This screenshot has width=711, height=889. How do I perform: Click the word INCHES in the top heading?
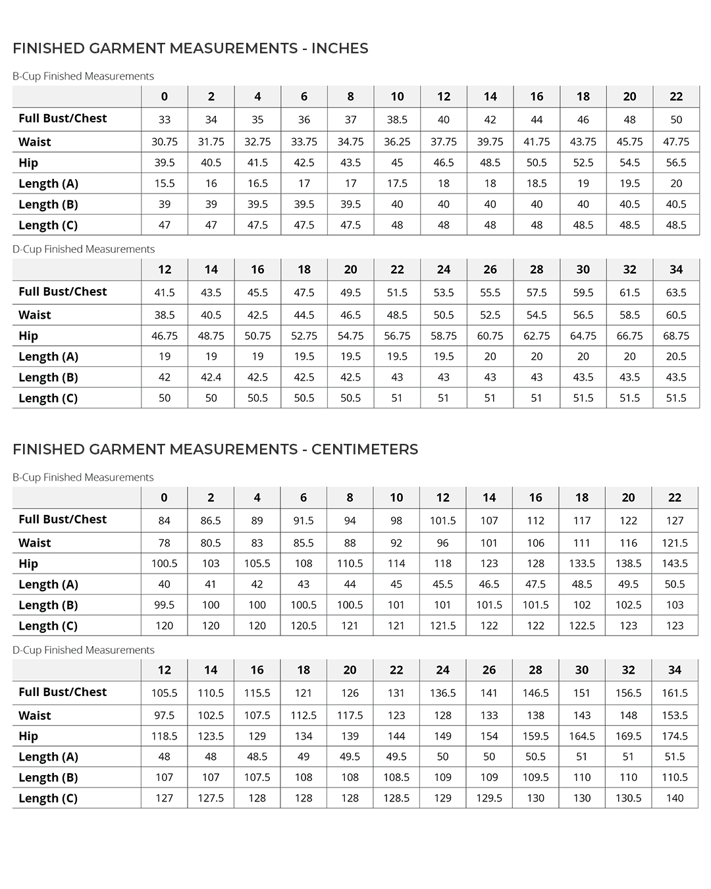(339, 48)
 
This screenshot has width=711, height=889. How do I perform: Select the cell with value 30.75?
(165, 142)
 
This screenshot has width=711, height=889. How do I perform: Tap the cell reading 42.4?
(211, 377)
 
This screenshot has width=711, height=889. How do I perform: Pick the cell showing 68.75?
(676, 336)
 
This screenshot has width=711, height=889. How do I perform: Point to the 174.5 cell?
(675, 736)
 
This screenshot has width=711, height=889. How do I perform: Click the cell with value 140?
(675, 798)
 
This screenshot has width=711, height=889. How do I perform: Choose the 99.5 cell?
(165, 605)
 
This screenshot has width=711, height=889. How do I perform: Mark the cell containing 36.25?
(397, 142)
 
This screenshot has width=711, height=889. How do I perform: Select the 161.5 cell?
(675, 693)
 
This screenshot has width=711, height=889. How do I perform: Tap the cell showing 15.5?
(165, 184)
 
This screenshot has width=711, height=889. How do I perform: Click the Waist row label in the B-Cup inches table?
(35, 142)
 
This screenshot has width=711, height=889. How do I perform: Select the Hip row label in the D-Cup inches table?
(28, 336)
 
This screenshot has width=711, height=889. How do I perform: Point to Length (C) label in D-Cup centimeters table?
(48, 798)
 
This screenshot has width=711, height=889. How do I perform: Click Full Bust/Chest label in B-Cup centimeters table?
(63, 520)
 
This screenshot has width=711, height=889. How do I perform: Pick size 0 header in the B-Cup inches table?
(165, 96)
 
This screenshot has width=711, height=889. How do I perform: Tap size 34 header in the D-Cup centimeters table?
(675, 670)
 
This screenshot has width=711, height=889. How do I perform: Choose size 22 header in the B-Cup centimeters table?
(675, 497)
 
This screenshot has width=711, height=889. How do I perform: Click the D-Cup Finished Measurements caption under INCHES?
(84, 249)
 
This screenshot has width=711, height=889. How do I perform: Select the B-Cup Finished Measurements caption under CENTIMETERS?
(83, 477)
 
